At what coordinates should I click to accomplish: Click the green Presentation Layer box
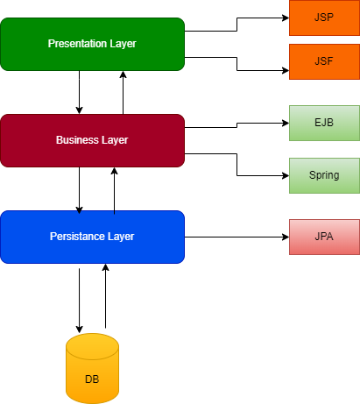pos(92,44)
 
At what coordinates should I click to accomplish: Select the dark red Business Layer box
pos(92,140)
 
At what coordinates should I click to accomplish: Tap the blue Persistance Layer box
pos(92,237)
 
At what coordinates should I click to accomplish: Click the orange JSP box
pos(324,18)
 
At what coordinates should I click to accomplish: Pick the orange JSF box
pos(324,61)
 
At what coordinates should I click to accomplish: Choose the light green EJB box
pos(324,123)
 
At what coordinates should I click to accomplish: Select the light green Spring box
pos(324,175)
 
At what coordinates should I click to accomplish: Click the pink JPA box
pos(324,237)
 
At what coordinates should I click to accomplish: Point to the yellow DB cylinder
pos(92,368)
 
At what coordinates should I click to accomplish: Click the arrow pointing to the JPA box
pos(236,237)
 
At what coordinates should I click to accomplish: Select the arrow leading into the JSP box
pos(236,24)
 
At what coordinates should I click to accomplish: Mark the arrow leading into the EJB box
pos(237,125)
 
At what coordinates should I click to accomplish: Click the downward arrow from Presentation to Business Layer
pos(80,92)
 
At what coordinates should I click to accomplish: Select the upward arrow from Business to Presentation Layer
pos(123,92)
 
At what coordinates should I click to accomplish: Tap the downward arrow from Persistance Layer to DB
pos(80,298)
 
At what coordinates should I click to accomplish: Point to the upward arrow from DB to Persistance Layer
pos(105,298)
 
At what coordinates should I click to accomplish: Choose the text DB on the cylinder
pos(92,379)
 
